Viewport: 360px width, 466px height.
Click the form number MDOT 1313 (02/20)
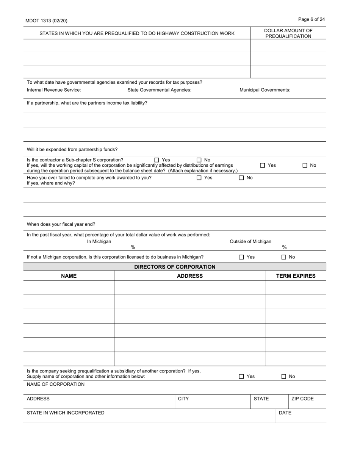(x=46, y=21)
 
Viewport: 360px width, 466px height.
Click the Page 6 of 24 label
(x=311, y=19)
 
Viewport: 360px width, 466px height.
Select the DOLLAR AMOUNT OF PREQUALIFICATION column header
(x=288, y=33)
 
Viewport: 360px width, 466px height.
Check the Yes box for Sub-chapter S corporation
(x=157, y=160)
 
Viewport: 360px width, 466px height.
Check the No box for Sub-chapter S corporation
(x=199, y=160)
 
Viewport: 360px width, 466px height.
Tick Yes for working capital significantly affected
(x=263, y=165)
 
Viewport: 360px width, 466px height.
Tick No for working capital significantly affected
(x=305, y=165)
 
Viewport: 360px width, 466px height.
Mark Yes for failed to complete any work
(x=199, y=178)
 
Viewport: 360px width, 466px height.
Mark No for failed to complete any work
(x=241, y=178)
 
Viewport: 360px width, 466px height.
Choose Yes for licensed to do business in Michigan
(x=241, y=257)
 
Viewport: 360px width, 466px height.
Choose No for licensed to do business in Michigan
(x=284, y=257)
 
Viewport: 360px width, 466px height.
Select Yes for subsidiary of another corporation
(x=241, y=376)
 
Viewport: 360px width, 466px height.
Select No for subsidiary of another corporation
(x=284, y=376)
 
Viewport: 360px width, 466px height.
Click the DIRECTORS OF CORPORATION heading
(x=175, y=267)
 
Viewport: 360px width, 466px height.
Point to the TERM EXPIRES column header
(x=296, y=276)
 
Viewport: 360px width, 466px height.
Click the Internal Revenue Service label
(x=54, y=90)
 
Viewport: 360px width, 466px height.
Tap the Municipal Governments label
(x=265, y=90)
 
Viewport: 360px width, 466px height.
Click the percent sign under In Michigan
(x=133, y=247)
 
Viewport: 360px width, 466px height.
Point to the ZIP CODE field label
(x=302, y=399)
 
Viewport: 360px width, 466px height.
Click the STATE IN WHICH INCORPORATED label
(x=66, y=413)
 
